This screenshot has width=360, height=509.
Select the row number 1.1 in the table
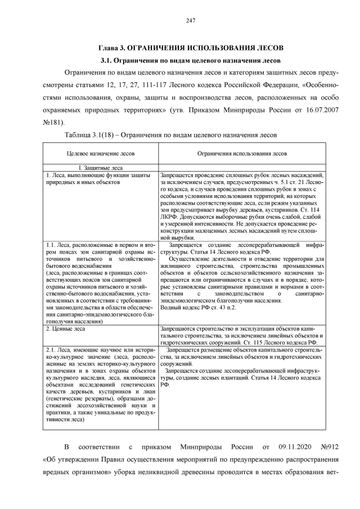(x=52, y=245)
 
